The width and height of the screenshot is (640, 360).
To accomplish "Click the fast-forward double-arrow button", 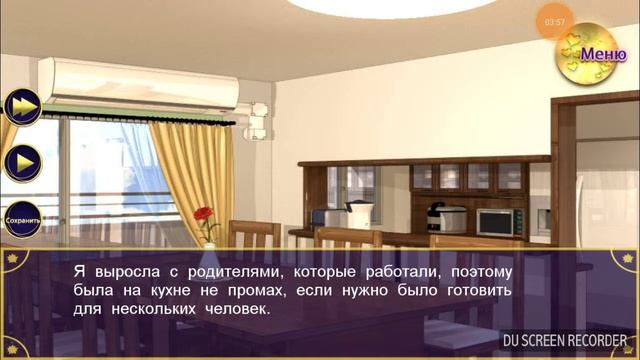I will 22,106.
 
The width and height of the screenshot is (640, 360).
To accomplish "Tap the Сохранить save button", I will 22,217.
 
